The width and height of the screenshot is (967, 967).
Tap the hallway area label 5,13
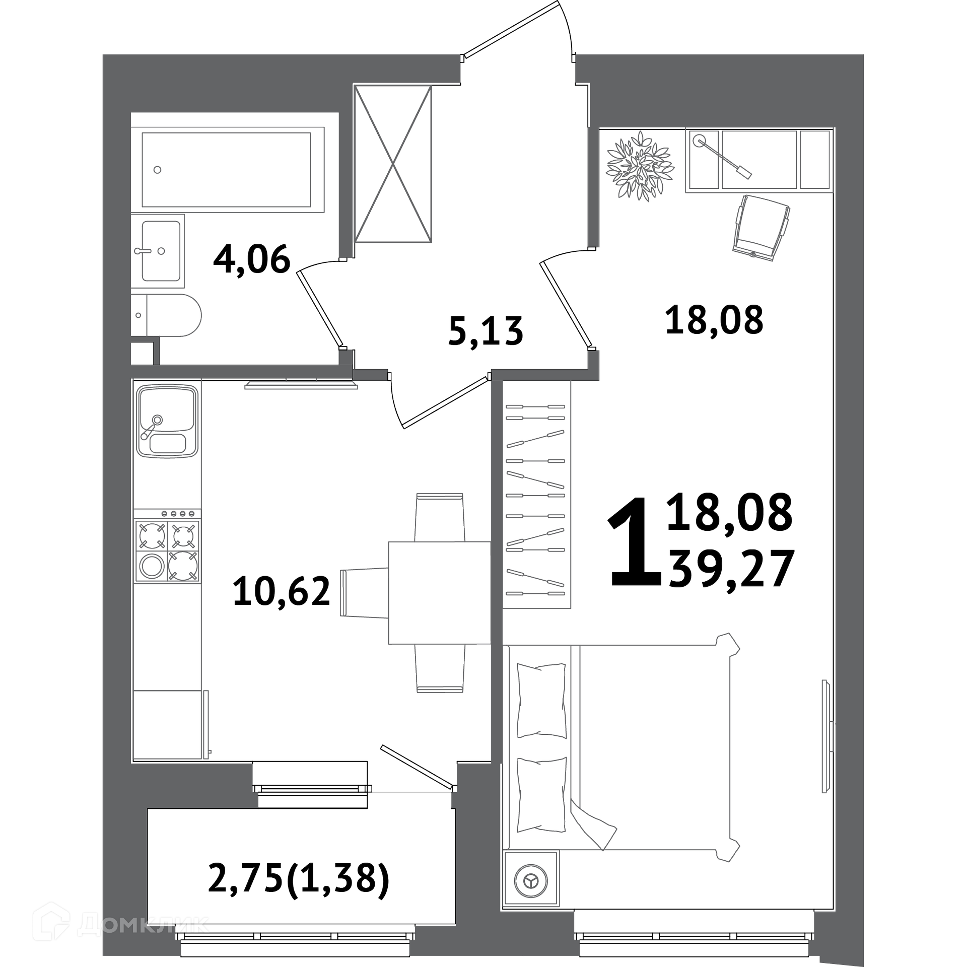tap(486, 331)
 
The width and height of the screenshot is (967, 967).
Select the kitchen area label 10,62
tap(282, 591)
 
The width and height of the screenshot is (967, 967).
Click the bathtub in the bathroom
tap(227, 170)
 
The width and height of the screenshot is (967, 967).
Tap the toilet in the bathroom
tap(166, 316)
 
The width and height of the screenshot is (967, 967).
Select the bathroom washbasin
tap(158, 251)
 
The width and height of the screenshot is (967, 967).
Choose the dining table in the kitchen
tap(440, 593)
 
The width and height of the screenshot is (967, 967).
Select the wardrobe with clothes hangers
tap(536, 494)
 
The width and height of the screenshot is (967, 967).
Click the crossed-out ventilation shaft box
tap(393, 163)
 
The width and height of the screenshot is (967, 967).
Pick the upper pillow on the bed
tap(541, 701)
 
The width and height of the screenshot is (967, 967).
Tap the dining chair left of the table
tap(364, 593)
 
